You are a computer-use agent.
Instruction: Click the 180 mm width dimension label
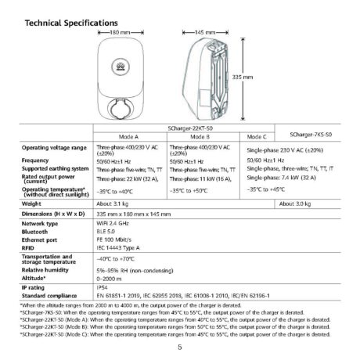(x=118, y=33)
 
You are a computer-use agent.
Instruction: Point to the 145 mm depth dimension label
(x=204, y=33)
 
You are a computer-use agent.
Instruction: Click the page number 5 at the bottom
(x=180, y=345)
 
